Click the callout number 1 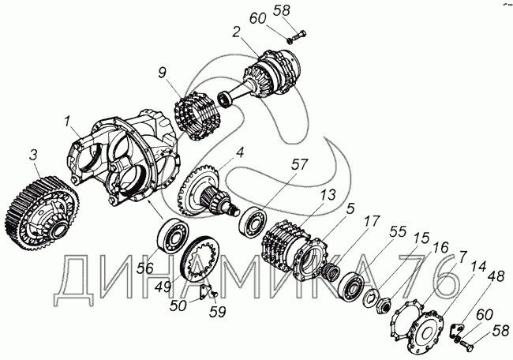(67, 122)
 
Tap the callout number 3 (34, 155)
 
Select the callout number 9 (163, 73)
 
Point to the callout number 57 (300, 165)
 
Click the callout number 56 (145, 268)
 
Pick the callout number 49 (163, 287)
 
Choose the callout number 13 (328, 195)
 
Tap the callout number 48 (496, 276)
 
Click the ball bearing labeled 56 (173, 235)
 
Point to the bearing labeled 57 (253, 222)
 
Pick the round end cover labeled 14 (425, 332)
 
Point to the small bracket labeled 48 (457, 329)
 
